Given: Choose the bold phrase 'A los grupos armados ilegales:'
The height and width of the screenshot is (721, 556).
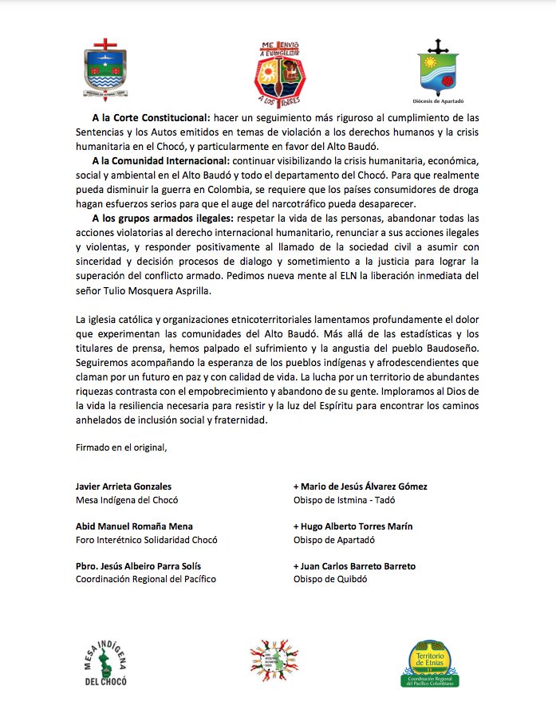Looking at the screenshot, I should click(160, 219).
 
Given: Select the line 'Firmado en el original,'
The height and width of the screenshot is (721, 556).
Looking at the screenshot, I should click(121, 447).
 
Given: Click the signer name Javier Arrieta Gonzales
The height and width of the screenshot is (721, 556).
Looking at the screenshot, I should click(124, 487).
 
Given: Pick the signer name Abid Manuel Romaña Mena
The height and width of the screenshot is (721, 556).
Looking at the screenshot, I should click(134, 526).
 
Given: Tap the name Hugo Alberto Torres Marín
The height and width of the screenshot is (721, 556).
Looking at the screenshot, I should click(353, 526).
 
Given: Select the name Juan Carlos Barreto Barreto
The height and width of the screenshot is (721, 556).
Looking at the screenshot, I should click(354, 566).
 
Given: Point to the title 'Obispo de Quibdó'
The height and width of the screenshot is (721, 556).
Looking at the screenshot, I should click(330, 580).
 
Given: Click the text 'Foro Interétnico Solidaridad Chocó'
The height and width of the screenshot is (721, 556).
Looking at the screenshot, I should click(146, 540).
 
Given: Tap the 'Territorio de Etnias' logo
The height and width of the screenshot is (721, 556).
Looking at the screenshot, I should click(430, 663).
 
